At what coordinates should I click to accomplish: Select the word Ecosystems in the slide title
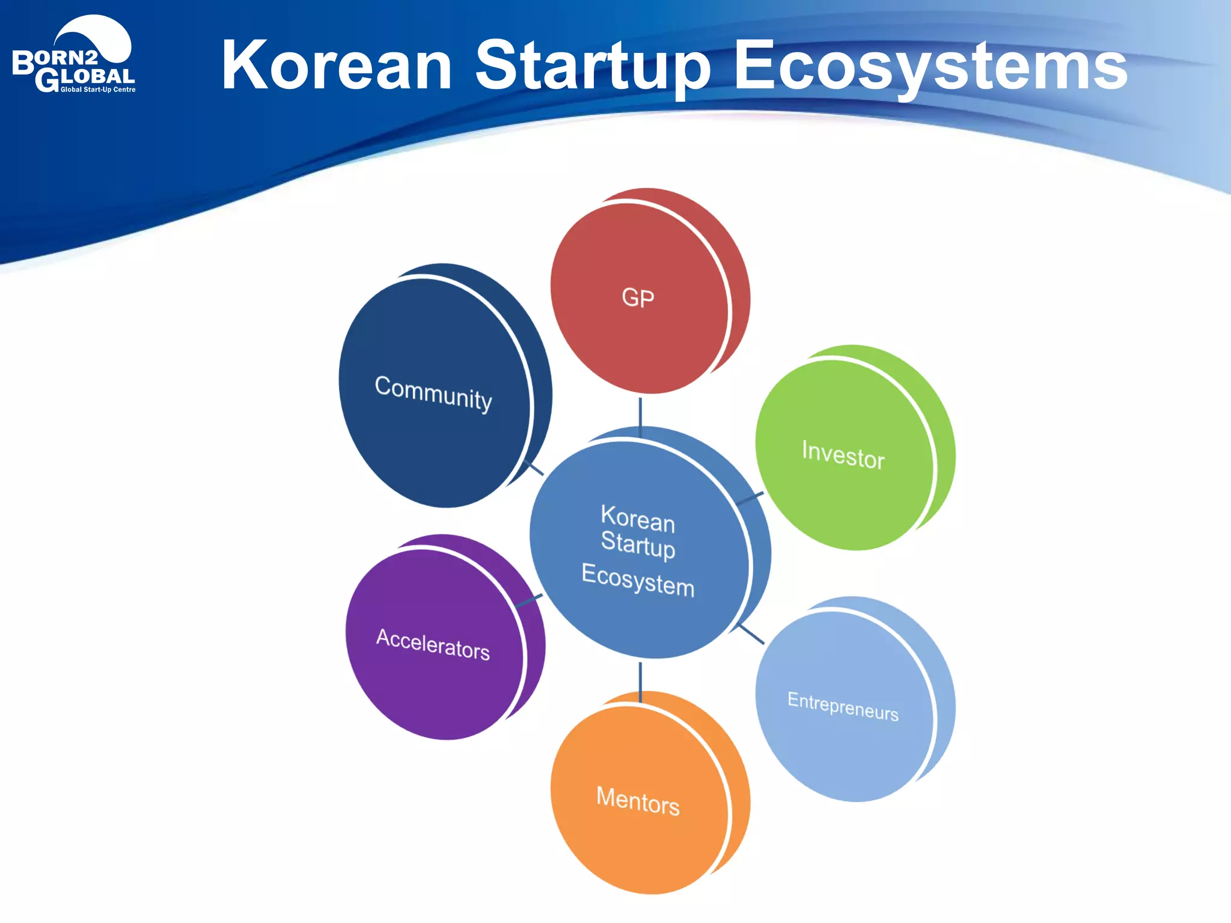tap(930, 66)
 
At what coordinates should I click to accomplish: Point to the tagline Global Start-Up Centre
tap(98, 90)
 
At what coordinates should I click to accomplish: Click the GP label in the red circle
tap(638, 298)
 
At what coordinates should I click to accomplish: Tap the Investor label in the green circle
tap(843, 454)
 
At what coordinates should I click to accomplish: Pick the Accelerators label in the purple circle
tap(433, 644)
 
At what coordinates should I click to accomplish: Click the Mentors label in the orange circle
tap(638, 800)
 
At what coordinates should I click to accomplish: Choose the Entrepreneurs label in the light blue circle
tap(843, 705)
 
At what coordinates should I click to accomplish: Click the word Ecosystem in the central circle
tap(638, 580)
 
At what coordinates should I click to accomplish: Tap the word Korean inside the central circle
tap(638, 519)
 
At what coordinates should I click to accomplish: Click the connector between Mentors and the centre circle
tap(640, 681)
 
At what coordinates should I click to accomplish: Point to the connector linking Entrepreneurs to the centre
tap(751, 634)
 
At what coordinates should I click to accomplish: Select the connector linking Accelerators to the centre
tap(529, 600)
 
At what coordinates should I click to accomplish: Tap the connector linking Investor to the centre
tap(750, 498)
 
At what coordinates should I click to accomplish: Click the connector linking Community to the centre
tap(534, 468)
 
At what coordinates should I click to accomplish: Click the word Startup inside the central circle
tap(638, 545)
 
